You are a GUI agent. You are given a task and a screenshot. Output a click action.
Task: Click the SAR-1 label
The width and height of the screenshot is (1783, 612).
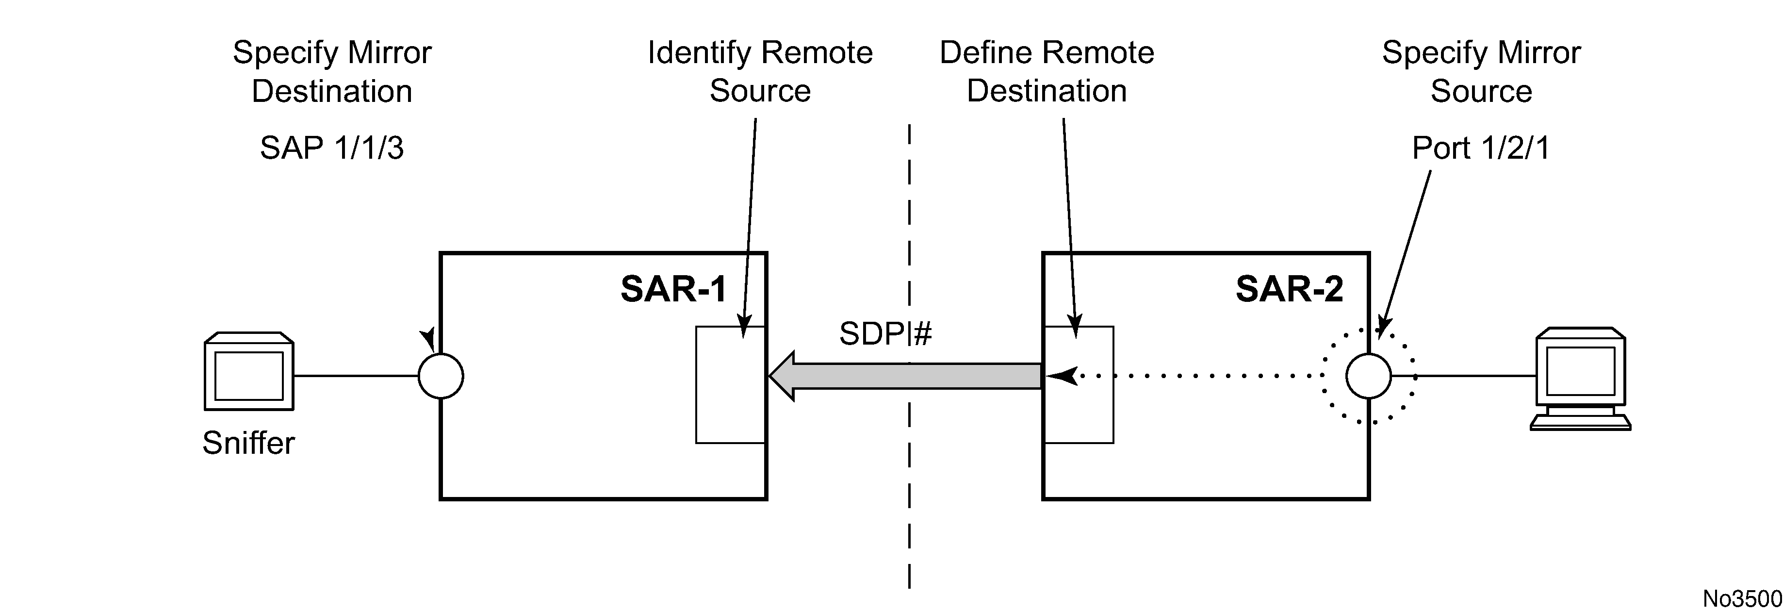point(673,289)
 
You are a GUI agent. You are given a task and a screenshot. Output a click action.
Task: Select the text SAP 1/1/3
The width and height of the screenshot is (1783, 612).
point(331,148)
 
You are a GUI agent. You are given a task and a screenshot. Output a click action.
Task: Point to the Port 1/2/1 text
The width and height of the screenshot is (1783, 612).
point(1481,148)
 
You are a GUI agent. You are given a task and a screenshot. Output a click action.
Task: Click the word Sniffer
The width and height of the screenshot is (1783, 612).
point(248,443)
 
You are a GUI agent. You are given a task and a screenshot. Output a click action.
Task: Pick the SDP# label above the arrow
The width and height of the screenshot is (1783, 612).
point(885,334)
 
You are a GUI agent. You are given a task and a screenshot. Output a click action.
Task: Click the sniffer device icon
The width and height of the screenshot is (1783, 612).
point(249,372)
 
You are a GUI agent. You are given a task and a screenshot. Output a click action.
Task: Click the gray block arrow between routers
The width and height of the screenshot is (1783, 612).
point(905,376)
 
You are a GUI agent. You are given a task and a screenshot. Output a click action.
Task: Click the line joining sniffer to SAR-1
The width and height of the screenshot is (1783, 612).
point(357,376)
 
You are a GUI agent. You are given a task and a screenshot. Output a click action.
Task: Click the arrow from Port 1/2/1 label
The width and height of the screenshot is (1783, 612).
point(1405,254)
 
